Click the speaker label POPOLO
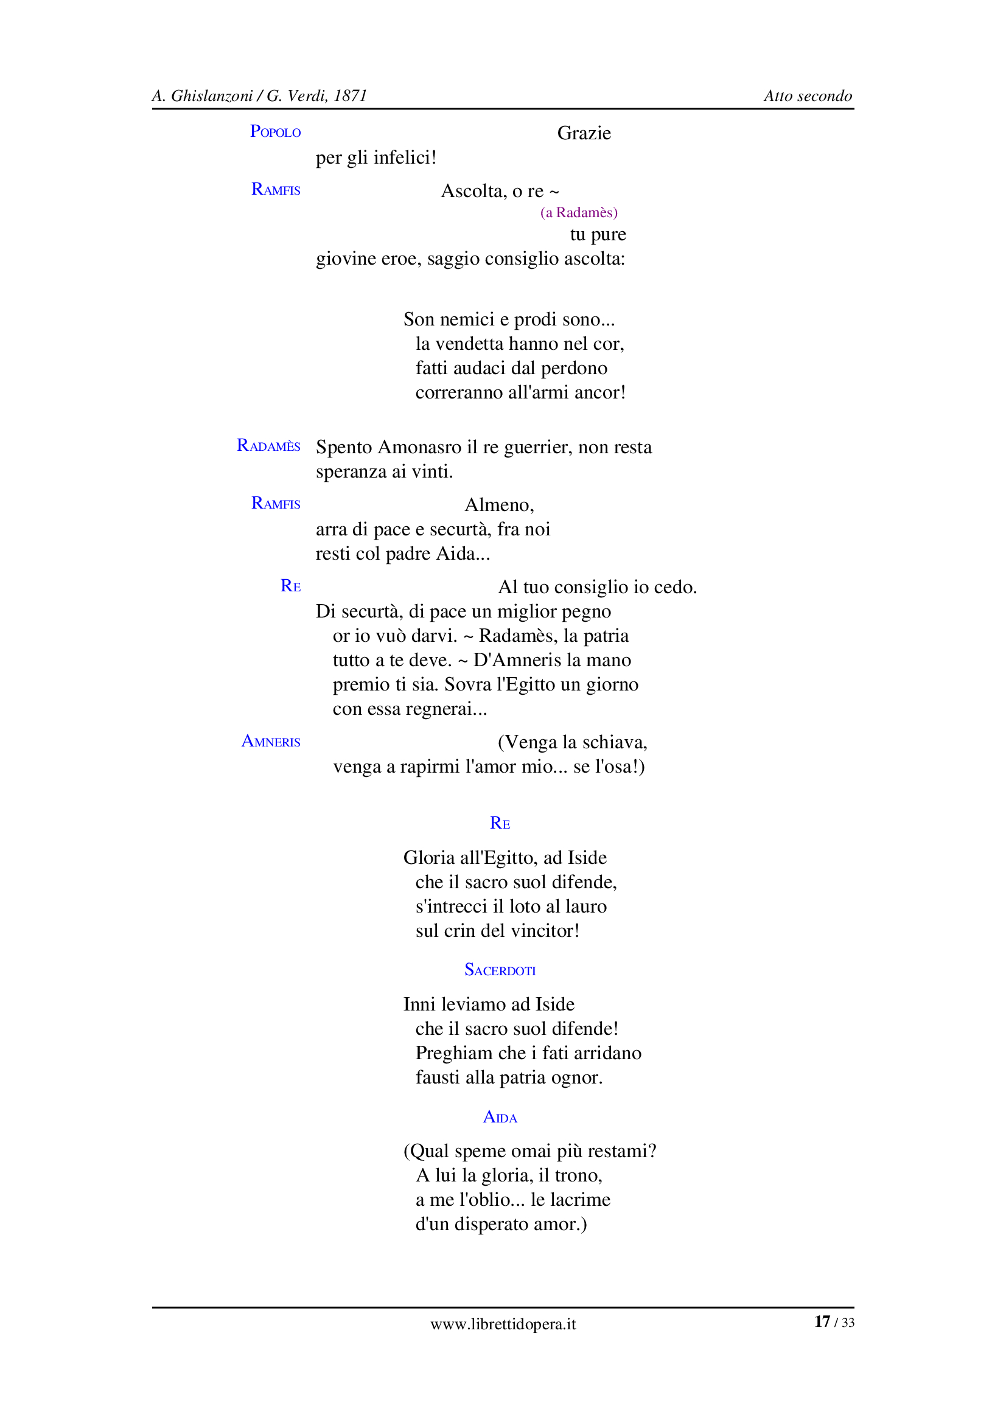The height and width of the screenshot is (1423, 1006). point(275,132)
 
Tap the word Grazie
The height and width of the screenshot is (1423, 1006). point(583,133)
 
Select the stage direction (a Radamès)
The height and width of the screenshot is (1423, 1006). point(578,212)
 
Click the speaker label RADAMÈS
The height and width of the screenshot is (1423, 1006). point(268,446)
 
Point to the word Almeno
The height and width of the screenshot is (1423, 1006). point(498,505)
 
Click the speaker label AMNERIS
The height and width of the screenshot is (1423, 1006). point(271,742)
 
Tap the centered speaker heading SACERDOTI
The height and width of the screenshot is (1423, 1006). point(500,970)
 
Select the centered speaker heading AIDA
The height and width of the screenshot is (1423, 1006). point(500,1117)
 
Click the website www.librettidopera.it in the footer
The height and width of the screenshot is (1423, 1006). point(503,1324)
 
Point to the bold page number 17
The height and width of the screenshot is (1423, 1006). point(822,1322)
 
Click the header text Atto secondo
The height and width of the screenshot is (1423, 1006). point(807,96)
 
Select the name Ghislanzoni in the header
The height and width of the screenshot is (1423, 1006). point(211,96)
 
